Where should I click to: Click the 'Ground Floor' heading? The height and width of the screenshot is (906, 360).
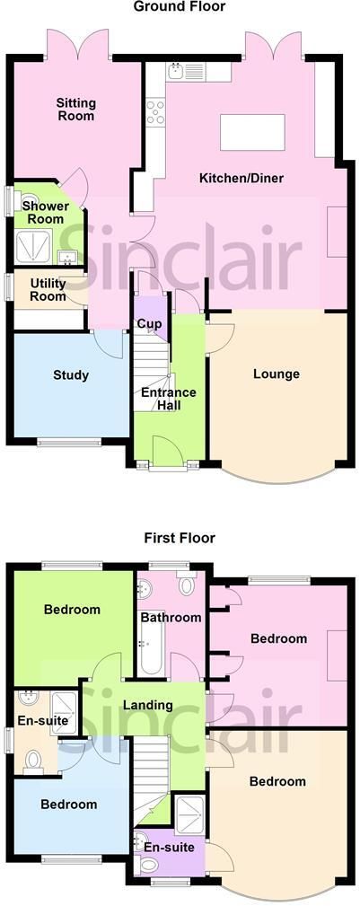pos(180,7)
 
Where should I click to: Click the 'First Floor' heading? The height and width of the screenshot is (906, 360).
pos(180,538)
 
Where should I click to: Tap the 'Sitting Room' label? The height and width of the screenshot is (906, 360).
pos(75,110)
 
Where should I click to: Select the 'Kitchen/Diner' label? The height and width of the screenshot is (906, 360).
pos(241,178)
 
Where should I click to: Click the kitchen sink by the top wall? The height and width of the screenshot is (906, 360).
pos(185,72)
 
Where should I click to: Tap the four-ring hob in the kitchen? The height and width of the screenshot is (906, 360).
pos(156,112)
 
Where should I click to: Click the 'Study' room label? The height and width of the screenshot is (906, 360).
pos(71,375)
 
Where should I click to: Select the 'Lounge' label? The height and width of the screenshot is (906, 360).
pos(277,374)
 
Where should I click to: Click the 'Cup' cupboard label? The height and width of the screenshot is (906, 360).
pos(149,323)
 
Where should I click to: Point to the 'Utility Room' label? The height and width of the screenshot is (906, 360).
pos(48,290)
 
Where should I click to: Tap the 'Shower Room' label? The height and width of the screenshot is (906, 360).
pos(45,212)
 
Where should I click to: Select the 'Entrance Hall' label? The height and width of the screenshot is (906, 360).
pos(169,399)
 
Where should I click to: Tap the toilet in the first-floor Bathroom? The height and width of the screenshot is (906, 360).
pos(187,585)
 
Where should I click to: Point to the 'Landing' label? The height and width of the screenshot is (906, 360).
pos(148,705)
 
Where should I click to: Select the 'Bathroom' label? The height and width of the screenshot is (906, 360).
pos(171,617)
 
